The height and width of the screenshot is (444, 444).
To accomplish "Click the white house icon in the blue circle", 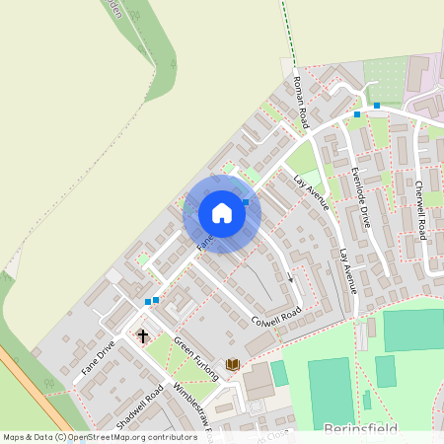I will coord(222,213).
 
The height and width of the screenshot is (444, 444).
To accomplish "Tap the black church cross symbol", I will coord(142,336).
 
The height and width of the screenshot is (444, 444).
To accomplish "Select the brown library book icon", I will coord(233,366).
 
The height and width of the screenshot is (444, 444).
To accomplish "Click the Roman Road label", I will coord(301,104).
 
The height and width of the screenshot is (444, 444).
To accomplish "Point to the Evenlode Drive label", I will coord(359,197).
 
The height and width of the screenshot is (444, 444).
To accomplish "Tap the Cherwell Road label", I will coord(420,210).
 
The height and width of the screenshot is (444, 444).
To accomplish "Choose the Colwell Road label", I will coord(275,318).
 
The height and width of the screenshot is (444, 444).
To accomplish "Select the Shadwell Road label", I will coord(138,405).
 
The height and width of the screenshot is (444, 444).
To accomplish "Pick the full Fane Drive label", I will coord(93,362).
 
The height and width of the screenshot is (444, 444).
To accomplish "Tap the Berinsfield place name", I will coord(361,429).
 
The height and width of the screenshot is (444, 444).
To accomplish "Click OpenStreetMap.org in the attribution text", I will coord(105,437).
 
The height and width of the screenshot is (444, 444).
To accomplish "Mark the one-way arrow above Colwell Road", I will coord(291,276).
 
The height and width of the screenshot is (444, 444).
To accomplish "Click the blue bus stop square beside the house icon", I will coord(246,200).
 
